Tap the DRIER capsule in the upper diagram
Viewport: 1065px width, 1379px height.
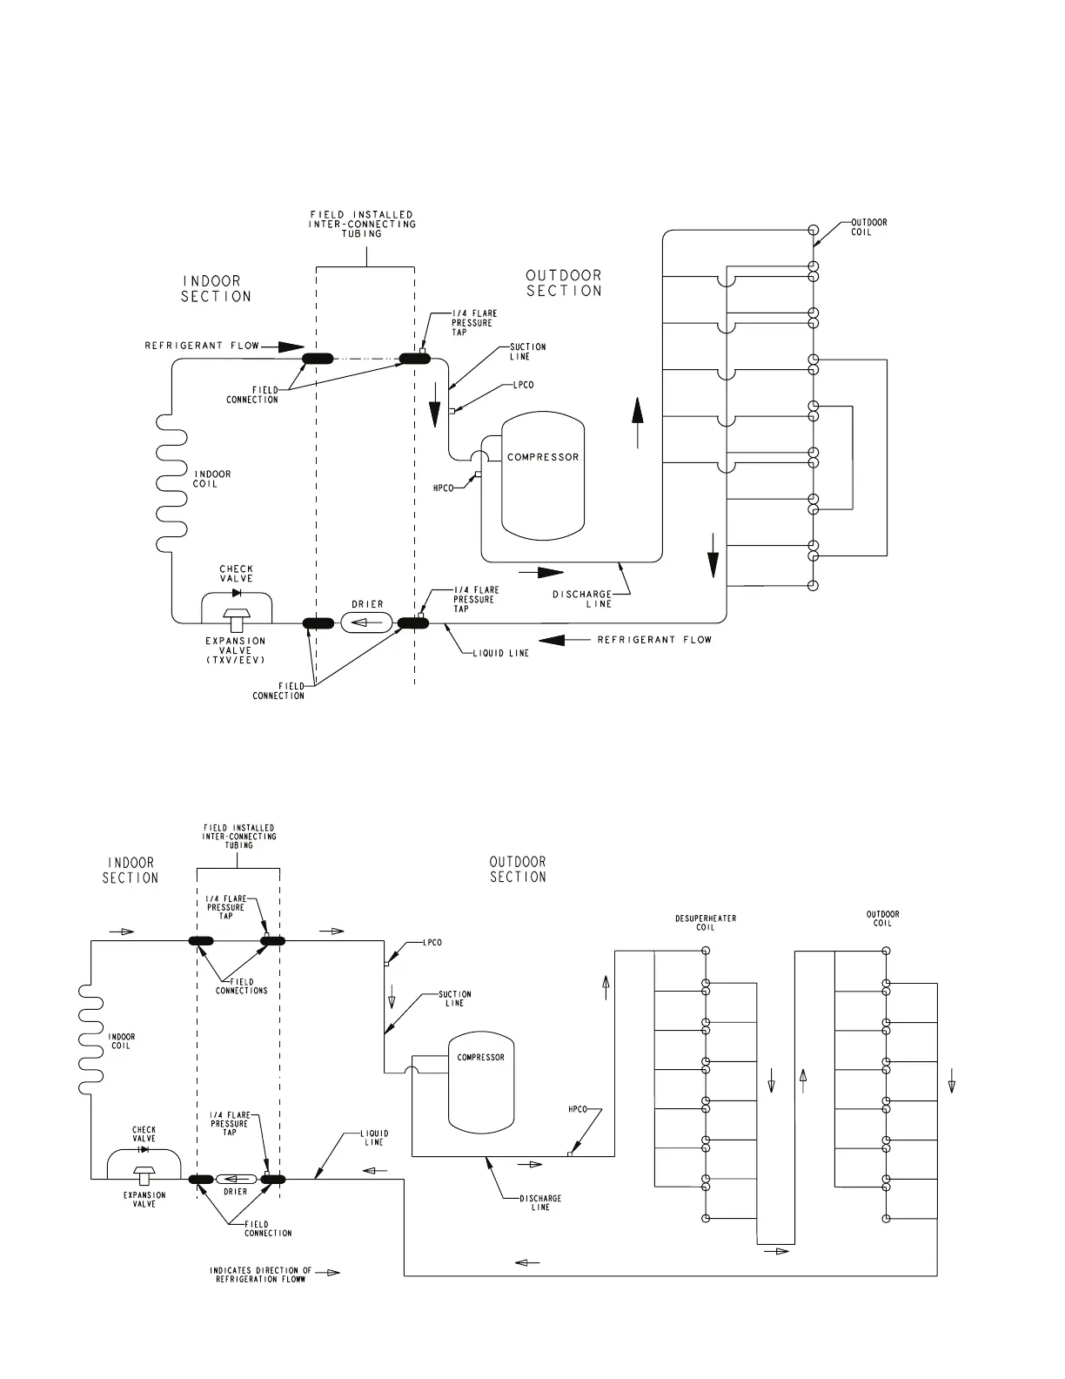[366, 622]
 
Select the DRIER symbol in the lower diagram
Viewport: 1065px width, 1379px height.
[236, 1180]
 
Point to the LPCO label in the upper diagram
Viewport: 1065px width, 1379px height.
[524, 385]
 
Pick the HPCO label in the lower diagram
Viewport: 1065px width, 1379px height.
[578, 1110]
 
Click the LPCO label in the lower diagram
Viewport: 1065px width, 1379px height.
[432, 943]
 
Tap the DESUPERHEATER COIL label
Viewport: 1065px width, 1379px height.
[707, 923]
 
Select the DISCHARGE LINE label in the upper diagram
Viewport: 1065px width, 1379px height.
[583, 599]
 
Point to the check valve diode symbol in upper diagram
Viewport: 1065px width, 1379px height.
[236, 593]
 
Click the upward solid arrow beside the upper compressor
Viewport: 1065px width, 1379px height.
[638, 422]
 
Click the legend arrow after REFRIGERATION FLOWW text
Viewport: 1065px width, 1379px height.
[327, 1273]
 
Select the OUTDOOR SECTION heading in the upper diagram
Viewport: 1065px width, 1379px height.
[564, 283]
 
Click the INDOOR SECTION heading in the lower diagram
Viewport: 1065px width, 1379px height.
[131, 870]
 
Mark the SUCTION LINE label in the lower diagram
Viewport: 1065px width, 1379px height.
[455, 998]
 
